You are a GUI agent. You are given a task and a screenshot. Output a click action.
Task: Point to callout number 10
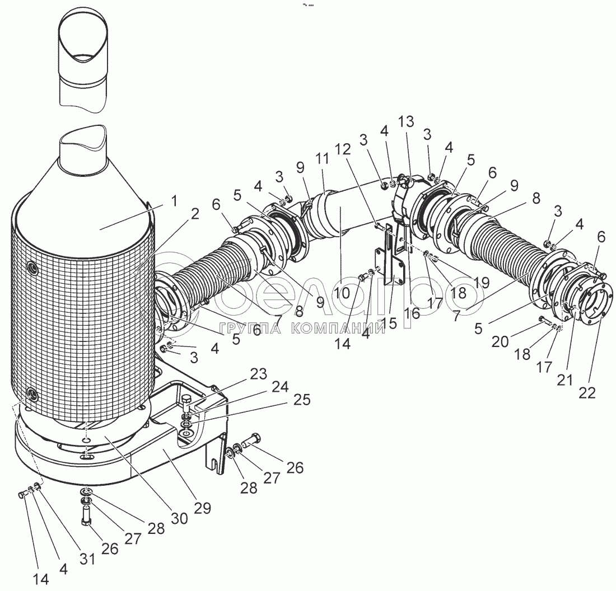[342, 292]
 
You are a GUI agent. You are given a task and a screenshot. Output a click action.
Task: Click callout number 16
[413, 312]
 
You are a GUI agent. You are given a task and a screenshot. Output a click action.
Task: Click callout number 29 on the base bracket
[202, 508]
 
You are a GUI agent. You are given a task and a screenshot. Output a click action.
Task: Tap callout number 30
[179, 518]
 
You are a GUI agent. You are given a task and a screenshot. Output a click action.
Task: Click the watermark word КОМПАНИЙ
[338, 328]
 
